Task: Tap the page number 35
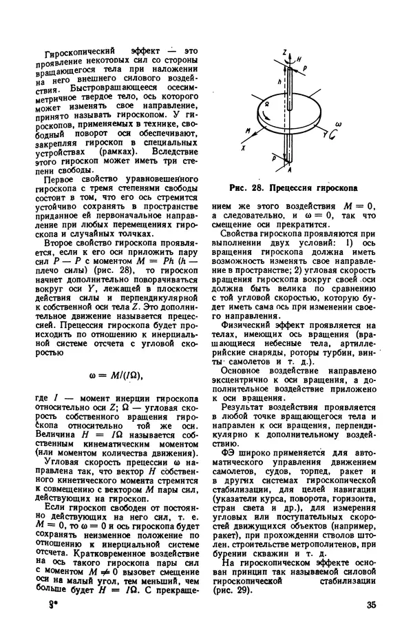(x=372, y=606)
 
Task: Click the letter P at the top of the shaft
(x=306, y=70)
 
